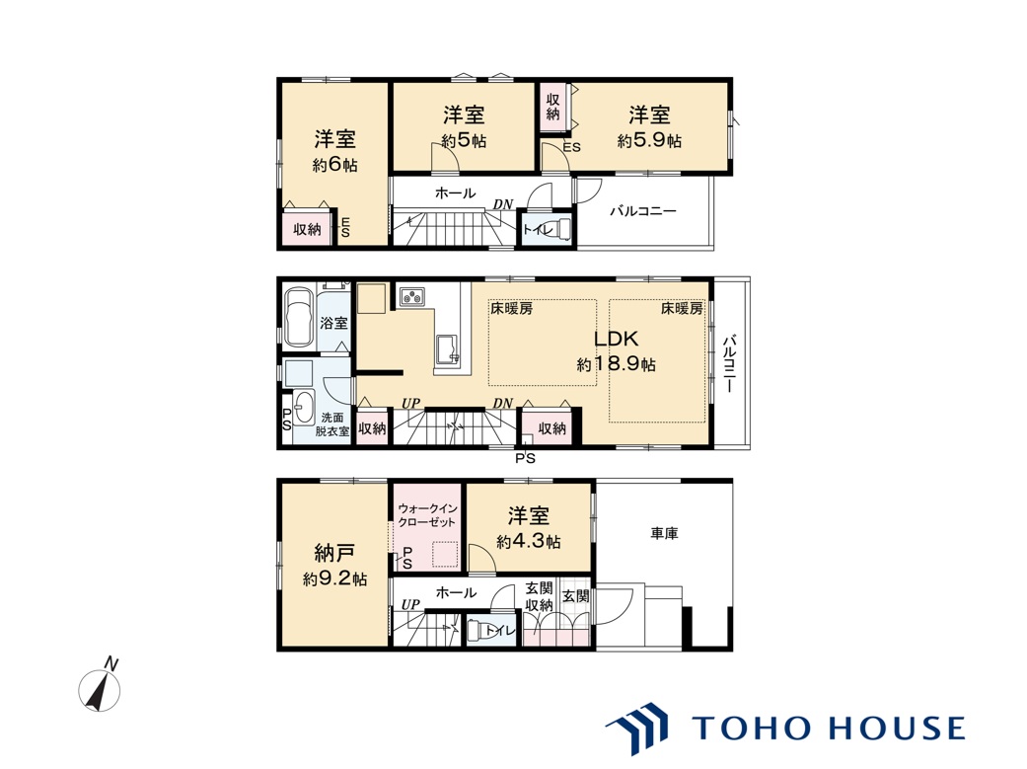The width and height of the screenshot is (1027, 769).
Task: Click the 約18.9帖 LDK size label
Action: [616, 364]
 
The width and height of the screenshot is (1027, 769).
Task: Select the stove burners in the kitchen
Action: [412, 297]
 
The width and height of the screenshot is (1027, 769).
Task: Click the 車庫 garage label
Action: [664, 534]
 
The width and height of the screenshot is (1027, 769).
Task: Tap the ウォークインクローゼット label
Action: [427, 514]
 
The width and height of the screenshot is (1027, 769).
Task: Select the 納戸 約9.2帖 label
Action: [334, 565]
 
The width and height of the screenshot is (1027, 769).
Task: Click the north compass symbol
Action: [101, 687]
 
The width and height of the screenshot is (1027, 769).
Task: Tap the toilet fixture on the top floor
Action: [563, 229]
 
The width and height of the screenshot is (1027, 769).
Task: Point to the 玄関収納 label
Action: [539, 596]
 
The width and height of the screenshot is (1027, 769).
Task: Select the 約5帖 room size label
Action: [464, 140]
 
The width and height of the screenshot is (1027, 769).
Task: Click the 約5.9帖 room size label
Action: [649, 140]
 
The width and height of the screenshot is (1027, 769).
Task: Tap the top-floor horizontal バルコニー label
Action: [643, 211]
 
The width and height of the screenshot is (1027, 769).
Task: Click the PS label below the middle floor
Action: [525, 458]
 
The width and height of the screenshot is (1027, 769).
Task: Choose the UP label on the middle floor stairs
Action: [410, 403]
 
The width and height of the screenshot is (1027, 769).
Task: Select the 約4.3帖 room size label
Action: [529, 542]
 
